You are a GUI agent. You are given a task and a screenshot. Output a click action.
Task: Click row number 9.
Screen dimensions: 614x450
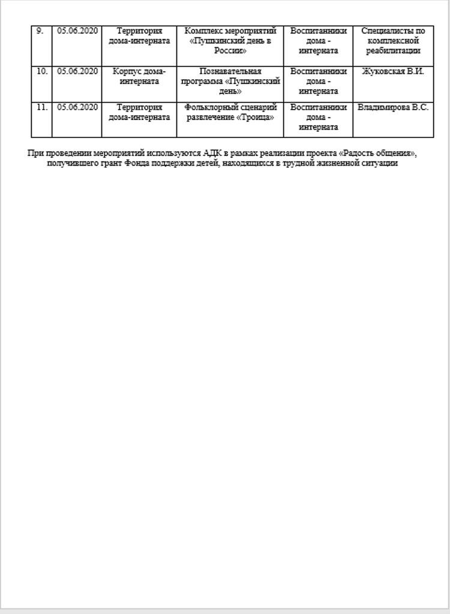40,31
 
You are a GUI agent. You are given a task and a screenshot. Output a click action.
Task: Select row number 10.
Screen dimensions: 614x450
41,71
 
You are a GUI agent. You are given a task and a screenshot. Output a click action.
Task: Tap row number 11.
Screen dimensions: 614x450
41,107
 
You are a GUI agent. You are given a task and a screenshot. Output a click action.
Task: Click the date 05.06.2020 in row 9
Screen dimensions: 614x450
77,31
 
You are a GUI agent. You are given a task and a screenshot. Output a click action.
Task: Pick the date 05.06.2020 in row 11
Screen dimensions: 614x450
77,107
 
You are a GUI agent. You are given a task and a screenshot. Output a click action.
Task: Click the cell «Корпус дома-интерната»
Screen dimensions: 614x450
139,76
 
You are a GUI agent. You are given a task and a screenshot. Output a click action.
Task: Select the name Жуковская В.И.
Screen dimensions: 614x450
393,71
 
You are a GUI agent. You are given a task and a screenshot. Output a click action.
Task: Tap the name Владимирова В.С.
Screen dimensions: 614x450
393,107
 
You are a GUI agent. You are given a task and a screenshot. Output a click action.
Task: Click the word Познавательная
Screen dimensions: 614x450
230,71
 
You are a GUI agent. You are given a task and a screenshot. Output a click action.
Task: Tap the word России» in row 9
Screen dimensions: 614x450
230,51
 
